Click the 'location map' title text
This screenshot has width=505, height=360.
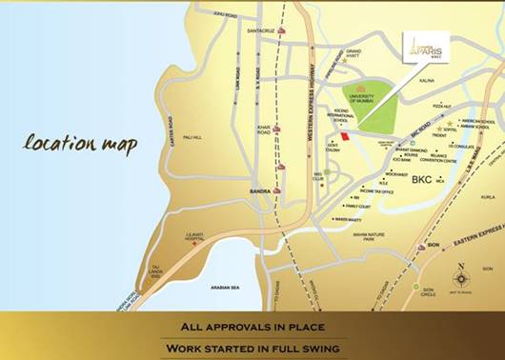[x=80, y=146]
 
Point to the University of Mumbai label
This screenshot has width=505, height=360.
[x=368, y=103]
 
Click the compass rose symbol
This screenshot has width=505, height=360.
[x=462, y=278]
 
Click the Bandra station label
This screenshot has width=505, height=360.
[x=261, y=191]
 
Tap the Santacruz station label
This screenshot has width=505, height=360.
[x=261, y=30]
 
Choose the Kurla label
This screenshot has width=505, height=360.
[x=487, y=197]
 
